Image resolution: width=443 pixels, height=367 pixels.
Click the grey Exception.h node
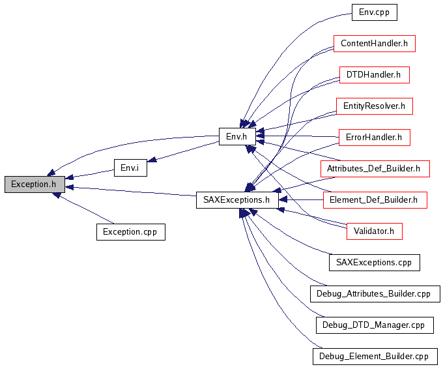(x=35, y=184)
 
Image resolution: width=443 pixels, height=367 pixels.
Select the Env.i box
(x=130, y=168)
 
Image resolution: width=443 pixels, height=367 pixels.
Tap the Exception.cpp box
(x=131, y=232)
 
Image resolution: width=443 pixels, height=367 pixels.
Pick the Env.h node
(x=237, y=136)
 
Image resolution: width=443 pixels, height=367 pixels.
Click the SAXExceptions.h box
(x=237, y=200)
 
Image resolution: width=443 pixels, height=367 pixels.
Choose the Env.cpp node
(x=375, y=12)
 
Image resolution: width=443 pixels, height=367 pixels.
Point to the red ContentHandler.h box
(x=375, y=44)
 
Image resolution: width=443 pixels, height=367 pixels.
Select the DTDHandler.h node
(x=375, y=75)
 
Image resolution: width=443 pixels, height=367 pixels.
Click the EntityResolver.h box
(x=375, y=106)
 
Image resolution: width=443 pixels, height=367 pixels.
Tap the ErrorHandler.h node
(x=375, y=138)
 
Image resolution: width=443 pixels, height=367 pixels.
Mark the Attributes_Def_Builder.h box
(x=375, y=169)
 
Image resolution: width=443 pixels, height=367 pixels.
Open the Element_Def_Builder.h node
(x=375, y=200)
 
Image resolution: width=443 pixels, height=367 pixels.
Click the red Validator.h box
(x=375, y=231)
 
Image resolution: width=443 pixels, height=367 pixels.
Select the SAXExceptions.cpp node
(x=375, y=263)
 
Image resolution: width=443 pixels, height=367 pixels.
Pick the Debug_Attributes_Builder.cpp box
(x=375, y=294)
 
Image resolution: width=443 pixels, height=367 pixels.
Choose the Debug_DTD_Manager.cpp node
(x=375, y=325)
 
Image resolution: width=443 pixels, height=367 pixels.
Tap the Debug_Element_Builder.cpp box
(x=375, y=357)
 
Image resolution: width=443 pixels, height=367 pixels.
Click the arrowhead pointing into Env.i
(x=152, y=160)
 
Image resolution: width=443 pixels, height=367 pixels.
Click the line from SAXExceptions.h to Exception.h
(x=130, y=191)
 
